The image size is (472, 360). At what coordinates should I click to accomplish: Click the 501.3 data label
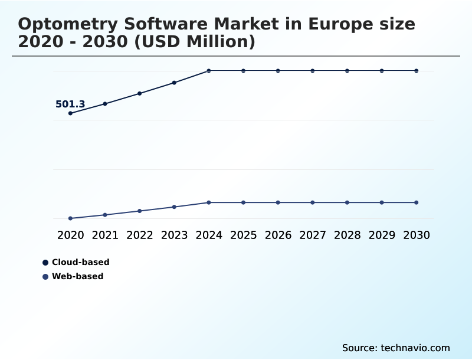pyautogui.click(x=70, y=104)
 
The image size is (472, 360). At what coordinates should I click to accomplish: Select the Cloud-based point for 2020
pyautogui.click(x=71, y=113)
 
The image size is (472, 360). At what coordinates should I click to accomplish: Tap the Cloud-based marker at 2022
pyautogui.click(x=140, y=93)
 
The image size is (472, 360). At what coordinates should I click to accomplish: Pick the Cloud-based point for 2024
pyautogui.click(x=209, y=71)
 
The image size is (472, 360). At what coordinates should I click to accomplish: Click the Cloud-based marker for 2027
pyautogui.click(x=313, y=71)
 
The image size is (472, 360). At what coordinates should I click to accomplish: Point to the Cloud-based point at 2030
pyautogui.click(x=417, y=71)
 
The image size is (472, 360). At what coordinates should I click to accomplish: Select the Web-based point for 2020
pyautogui.click(x=71, y=218)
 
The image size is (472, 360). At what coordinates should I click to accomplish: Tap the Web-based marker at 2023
pyautogui.click(x=174, y=207)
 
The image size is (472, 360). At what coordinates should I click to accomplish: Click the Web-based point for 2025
pyautogui.click(x=243, y=202)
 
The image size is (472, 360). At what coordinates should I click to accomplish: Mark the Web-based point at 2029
pyautogui.click(x=382, y=202)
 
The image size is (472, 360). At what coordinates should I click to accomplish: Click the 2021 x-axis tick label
pyautogui.click(x=105, y=235)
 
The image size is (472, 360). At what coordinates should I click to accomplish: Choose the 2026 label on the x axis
pyautogui.click(x=278, y=235)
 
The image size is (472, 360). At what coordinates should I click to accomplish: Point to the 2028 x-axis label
pyautogui.click(x=347, y=235)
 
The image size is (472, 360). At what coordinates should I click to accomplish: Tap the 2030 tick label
pyautogui.click(x=417, y=235)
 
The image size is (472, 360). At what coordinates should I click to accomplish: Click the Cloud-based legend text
pyautogui.click(x=81, y=262)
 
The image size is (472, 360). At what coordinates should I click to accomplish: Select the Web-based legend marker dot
pyautogui.click(x=45, y=277)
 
